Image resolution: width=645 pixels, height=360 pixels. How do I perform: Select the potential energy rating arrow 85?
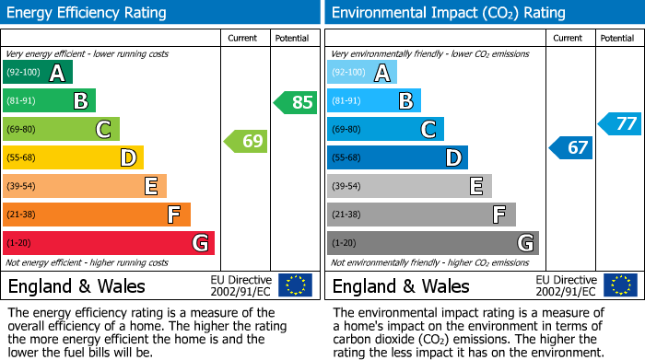tap(296, 102)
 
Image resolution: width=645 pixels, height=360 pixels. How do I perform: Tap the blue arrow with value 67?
tap(571, 147)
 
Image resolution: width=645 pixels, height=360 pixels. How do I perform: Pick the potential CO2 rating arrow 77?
tap(620, 123)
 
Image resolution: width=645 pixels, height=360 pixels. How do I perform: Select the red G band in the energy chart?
tap(109, 243)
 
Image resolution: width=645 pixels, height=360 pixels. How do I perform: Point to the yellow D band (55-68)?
tap(73, 158)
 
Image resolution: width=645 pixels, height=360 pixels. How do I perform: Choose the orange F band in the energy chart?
tap(97, 215)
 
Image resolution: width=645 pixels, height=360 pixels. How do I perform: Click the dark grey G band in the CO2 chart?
tap(432, 243)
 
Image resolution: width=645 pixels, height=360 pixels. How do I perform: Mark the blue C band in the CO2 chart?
tap(385, 130)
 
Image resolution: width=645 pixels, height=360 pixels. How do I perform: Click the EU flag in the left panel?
tap(295, 285)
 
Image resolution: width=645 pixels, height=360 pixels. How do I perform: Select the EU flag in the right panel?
tap(619, 285)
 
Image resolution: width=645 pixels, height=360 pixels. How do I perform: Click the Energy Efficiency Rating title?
tap(88, 13)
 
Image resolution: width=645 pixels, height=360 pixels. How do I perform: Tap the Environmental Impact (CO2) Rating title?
tap(448, 13)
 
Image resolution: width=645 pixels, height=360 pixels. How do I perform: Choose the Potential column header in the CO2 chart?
tap(617, 38)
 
